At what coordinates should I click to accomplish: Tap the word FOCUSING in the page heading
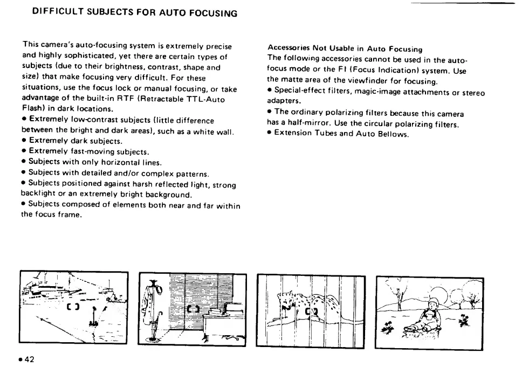[x=213, y=12]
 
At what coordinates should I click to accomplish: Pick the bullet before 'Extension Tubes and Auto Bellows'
[x=270, y=134]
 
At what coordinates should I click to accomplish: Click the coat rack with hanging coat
[x=153, y=302]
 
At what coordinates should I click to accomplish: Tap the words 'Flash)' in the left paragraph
[x=34, y=109]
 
